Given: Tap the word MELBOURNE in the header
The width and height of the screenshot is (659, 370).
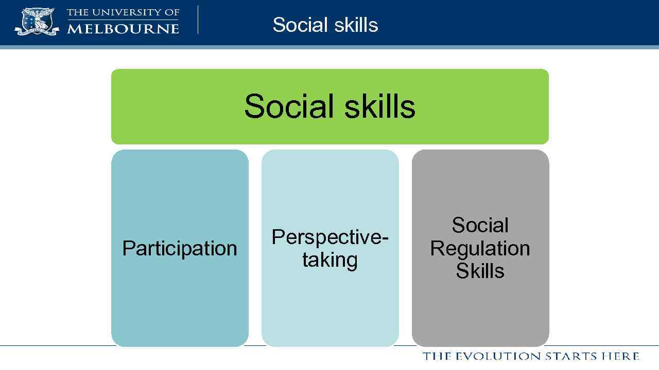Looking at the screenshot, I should point(123,28).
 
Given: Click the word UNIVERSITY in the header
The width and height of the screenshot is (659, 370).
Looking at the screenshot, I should point(127,12).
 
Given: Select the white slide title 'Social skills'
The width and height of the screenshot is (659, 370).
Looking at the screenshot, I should point(325,25).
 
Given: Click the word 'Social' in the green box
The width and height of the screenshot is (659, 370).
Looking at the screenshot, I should point(286,106).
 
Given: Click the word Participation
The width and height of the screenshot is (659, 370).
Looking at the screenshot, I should point(180,248).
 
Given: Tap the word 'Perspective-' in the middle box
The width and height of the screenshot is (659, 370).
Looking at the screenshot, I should point(329,237).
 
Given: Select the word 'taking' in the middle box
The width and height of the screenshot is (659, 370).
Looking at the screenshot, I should point(329,260).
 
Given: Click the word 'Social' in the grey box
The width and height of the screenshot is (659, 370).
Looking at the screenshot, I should point(480,225).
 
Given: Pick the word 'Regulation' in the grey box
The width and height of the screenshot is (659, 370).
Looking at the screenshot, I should point(480,248).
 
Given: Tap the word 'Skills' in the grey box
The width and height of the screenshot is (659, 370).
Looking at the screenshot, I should point(480,271).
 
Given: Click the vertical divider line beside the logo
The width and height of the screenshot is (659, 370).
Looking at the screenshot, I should point(198,20).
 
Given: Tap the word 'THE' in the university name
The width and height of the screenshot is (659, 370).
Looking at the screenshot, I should point(77,12).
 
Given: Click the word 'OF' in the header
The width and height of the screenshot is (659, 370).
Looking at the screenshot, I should point(171,12).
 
